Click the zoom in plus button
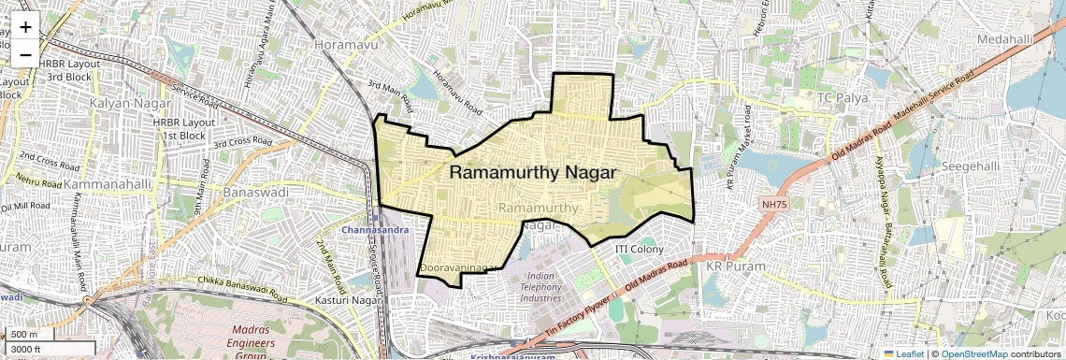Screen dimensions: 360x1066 25,27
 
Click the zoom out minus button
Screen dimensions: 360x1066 25,54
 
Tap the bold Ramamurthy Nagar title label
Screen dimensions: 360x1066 533,173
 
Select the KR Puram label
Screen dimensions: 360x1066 734,266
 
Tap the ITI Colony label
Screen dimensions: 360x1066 639,250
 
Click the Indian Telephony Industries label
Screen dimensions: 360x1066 540,287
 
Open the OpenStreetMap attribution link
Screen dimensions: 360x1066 974,353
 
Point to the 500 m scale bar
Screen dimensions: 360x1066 25,335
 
